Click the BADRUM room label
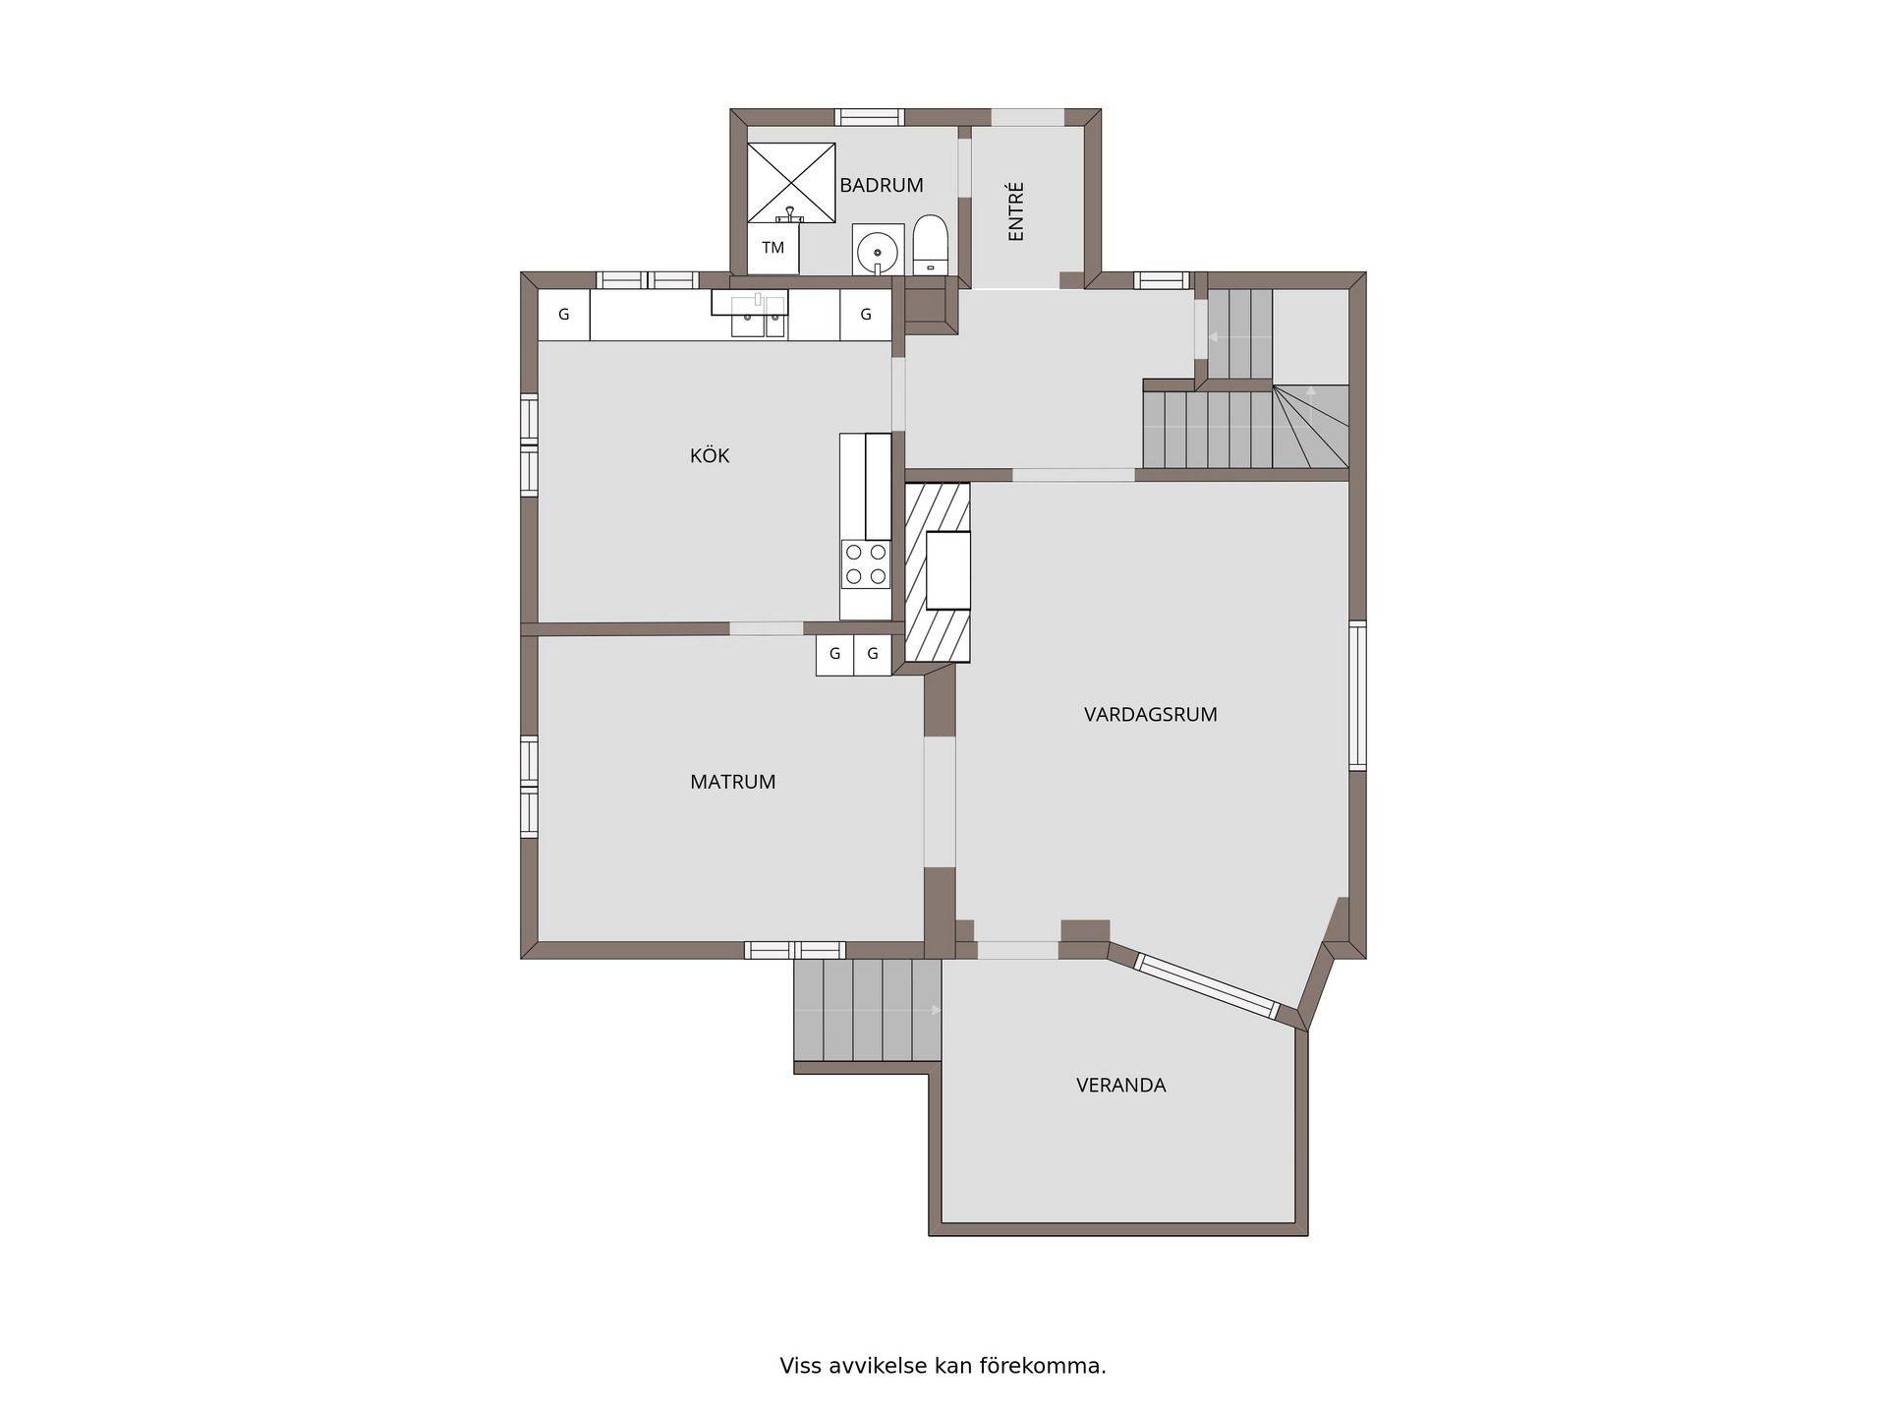881,185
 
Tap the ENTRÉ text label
1016,210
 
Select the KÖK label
710,455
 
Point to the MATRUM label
732,782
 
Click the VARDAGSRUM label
1150,715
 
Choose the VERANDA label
1120,1086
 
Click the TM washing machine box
773,249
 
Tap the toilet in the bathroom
930,246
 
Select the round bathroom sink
878,251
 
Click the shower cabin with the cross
791,183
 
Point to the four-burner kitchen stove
866,564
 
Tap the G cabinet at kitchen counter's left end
564,315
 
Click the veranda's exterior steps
868,1010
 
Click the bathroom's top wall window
869,117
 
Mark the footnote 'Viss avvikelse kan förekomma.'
943,1366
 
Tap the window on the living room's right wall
1357,695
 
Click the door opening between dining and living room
940,802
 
